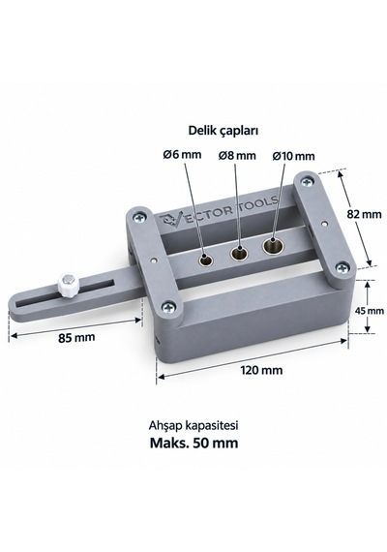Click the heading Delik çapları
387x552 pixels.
click(223, 131)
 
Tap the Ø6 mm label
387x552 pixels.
click(182, 154)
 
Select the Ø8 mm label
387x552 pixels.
click(237, 155)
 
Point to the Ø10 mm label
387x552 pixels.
click(293, 156)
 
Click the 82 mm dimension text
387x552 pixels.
click(364, 214)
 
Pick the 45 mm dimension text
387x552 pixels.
click(370, 311)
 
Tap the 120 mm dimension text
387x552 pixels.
click(261, 370)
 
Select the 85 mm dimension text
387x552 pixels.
click(76, 338)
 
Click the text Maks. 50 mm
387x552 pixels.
click(193, 443)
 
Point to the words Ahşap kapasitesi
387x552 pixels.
click(193, 425)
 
